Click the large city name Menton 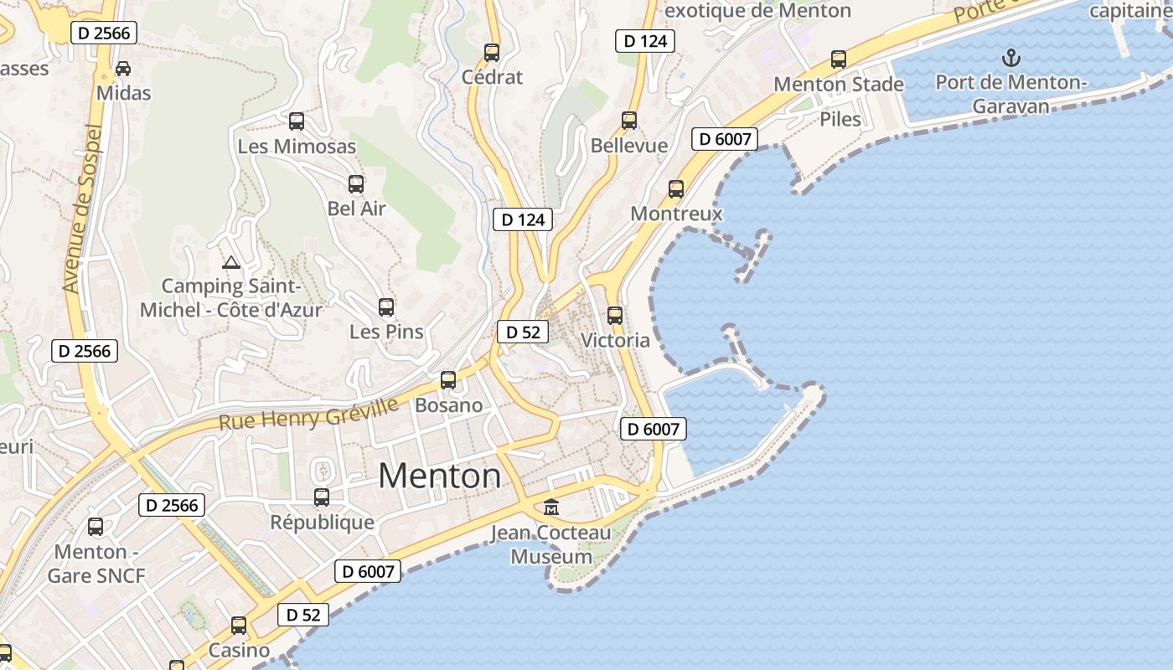[x=440, y=476]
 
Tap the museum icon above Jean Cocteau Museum [x=551, y=507]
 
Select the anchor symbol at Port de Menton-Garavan [x=1011, y=58]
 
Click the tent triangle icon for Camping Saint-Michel [x=231, y=261]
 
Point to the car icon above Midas [x=123, y=68]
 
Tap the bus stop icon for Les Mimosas [x=297, y=121]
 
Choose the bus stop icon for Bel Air [x=356, y=184]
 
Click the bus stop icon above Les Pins [x=386, y=307]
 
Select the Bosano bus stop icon [x=448, y=380]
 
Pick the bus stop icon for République [x=322, y=497]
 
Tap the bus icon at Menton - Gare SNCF [x=96, y=527]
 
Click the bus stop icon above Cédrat [x=492, y=53]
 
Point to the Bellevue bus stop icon [x=629, y=121]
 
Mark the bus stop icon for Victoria [x=615, y=316]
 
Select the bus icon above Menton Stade [x=839, y=59]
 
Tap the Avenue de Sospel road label [x=82, y=209]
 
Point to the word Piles [x=840, y=119]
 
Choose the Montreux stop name [x=676, y=214]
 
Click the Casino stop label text [x=239, y=650]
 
